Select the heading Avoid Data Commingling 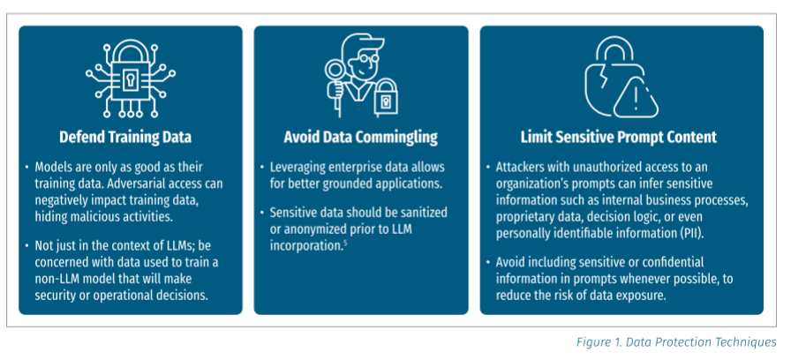coord(361,137)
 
